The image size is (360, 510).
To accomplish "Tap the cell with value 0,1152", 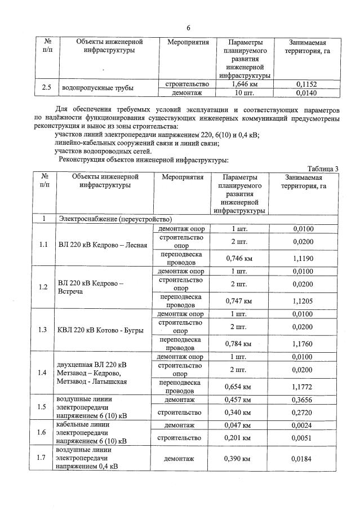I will pos(307,85).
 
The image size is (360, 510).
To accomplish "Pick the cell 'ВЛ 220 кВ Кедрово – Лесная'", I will pos(103,245).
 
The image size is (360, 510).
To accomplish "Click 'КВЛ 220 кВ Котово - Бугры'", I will pos(101,330).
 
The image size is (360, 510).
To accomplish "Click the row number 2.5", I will pos(47,88).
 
